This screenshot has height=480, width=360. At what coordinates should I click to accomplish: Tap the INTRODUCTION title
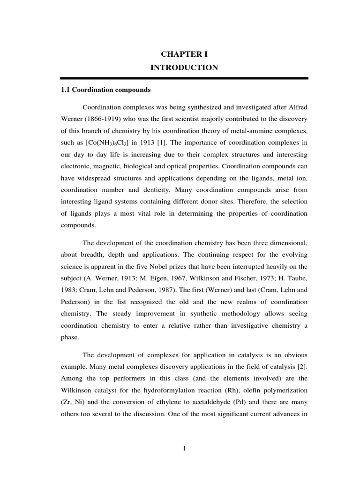[x=184, y=68]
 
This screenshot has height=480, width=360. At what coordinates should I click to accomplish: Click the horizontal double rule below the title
[x=184, y=78]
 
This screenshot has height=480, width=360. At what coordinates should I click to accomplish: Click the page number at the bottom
[x=184, y=449]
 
